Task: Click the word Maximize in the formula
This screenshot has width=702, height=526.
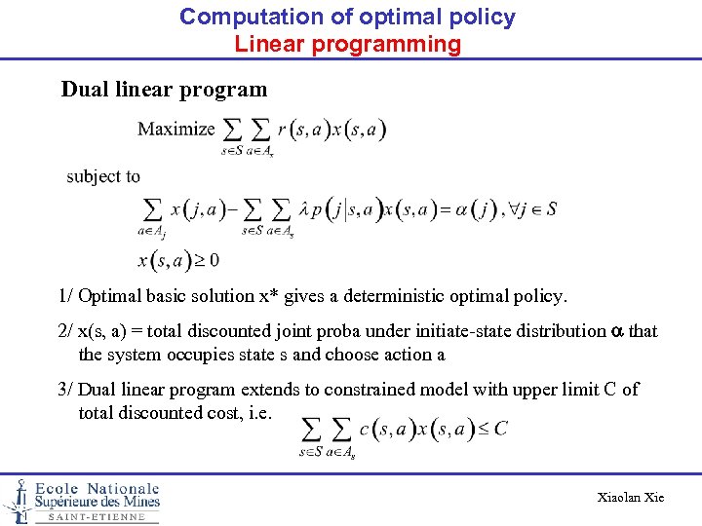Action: pyautogui.click(x=175, y=129)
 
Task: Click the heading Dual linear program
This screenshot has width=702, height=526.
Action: pyautogui.click(x=164, y=90)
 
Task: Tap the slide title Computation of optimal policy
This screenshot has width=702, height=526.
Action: pyautogui.click(x=347, y=17)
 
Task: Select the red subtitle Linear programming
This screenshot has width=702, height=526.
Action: pyautogui.click(x=347, y=44)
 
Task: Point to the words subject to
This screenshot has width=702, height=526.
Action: pyautogui.click(x=103, y=176)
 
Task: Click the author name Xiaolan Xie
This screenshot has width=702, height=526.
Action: pyautogui.click(x=630, y=497)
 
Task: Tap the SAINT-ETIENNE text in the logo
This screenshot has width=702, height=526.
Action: pyautogui.click(x=97, y=517)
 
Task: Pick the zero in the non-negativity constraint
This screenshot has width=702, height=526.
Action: pyautogui.click(x=213, y=260)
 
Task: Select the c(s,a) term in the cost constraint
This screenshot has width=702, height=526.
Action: pyautogui.click(x=390, y=428)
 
